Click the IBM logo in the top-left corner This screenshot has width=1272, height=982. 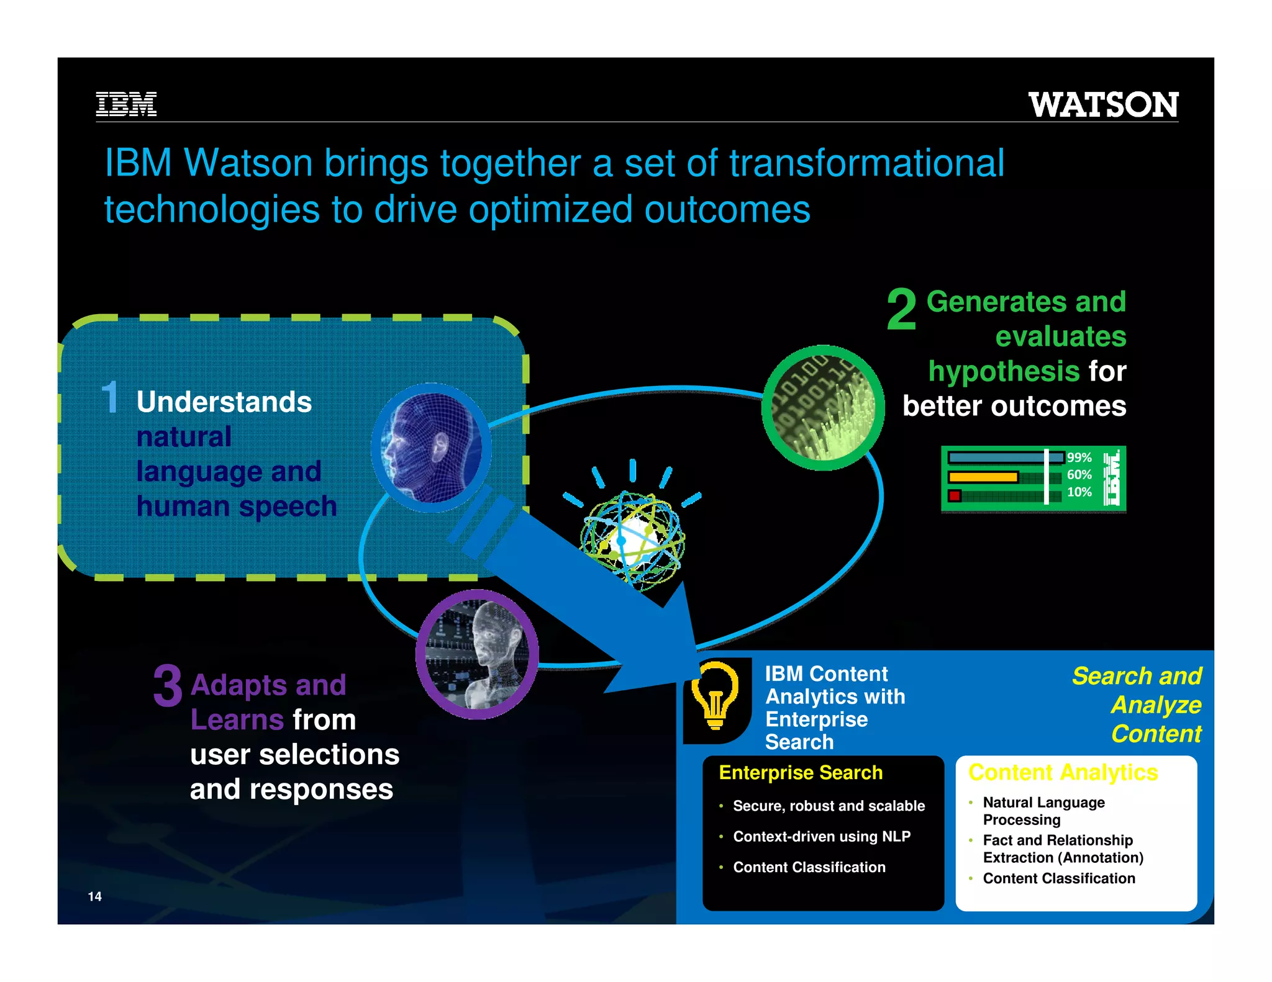pyautogui.click(x=126, y=104)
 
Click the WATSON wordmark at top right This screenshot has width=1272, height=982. pyautogui.click(x=1103, y=104)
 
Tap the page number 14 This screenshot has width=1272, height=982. pyautogui.click(x=94, y=896)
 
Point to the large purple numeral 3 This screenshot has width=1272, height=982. pyautogui.click(x=168, y=686)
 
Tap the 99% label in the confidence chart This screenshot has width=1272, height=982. pyautogui.click(x=1079, y=457)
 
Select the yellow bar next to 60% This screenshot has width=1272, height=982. pyautogui.click(x=983, y=477)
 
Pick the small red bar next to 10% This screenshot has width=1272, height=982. pyautogui.click(x=955, y=495)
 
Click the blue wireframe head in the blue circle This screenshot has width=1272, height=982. pyautogui.click(x=430, y=448)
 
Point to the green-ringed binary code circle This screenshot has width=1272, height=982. pyautogui.click(x=823, y=408)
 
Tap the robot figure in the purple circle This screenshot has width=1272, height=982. pyautogui.click(x=477, y=654)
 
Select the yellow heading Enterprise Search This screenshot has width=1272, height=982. pyautogui.click(x=800, y=773)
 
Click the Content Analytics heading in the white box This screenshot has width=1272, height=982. pyautogui.click(x=1063, y=773)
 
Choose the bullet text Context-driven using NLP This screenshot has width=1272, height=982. pyautogui.click(x=822, y=837)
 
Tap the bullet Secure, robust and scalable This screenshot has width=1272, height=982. pyautogui.click(x=829, y=806)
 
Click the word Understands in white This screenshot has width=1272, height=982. pyautogui.click(x=224, y=402)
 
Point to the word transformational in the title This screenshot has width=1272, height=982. pyautogui.click(x=866, y=163)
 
